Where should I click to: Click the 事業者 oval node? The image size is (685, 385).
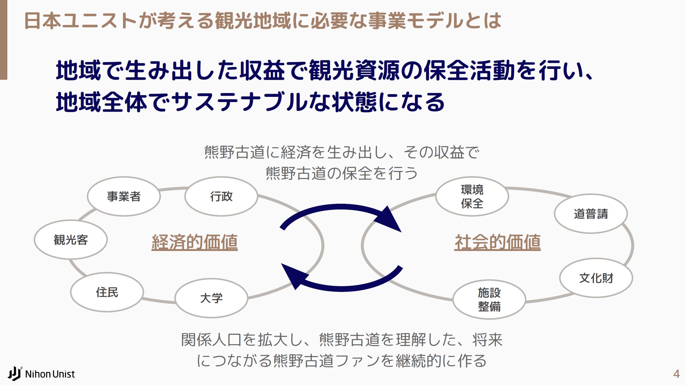tap(124, 197)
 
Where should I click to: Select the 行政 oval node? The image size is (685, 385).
tap(221, 197)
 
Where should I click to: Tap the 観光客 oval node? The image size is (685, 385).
tap(71, 240)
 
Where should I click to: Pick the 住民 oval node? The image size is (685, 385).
tap(107, 292)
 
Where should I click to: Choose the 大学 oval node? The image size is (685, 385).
tap(211, 298)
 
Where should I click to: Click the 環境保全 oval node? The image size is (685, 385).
tap(472, 197)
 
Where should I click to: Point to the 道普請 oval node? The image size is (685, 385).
tap(591, 214)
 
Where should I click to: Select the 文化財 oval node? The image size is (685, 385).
tap(596, 278)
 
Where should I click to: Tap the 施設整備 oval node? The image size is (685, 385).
tap(489, 299)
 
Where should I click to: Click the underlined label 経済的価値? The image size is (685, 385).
tap(195, 242)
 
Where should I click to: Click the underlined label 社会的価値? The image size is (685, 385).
tap(497, 242)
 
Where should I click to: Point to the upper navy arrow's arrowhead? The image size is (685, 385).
tap(389, 220)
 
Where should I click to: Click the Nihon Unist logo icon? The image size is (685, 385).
tap(15, 373)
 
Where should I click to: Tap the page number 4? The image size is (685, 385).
tap(676, 374)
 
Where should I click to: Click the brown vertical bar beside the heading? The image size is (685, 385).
tap(4, 40)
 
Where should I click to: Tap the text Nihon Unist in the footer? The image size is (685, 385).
tap(50, 374)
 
